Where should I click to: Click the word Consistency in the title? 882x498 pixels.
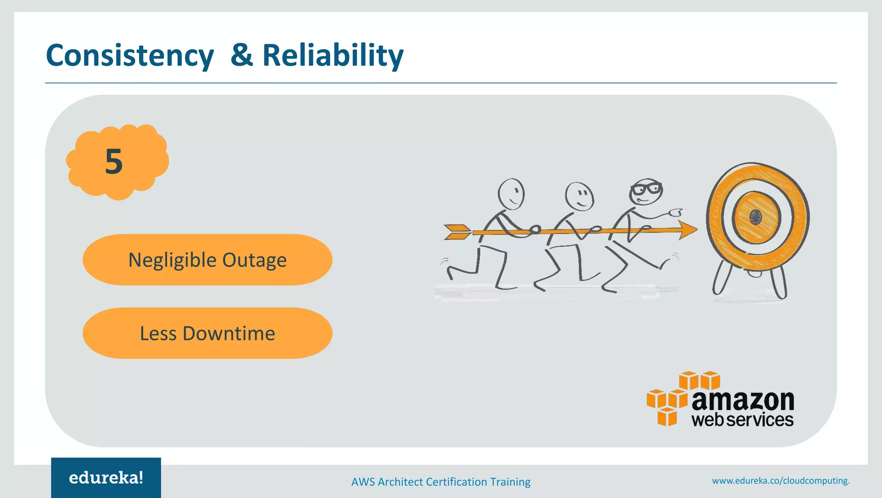[130, 56]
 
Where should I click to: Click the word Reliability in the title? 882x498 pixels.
[332, 56]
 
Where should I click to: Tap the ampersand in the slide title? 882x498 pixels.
[241, 55]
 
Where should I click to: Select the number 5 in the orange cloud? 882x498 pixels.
[114, 162]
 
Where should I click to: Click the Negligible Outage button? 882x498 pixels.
[207, 260]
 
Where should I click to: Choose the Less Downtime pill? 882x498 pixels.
[207, 333]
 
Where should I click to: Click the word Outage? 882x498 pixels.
[254, 260]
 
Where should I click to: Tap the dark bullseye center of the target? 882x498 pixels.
[756, 217]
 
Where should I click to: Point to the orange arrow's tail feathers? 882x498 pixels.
[457, 232]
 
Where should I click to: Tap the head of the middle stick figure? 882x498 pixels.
[579, 196]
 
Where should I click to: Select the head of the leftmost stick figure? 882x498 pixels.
[511, 194]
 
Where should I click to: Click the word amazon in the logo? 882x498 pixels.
[742, 401]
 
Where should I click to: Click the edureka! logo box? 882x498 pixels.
[106, 478]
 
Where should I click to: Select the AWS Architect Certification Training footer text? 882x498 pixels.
[441, 482]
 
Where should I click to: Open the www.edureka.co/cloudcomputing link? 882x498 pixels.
[780, 481]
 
